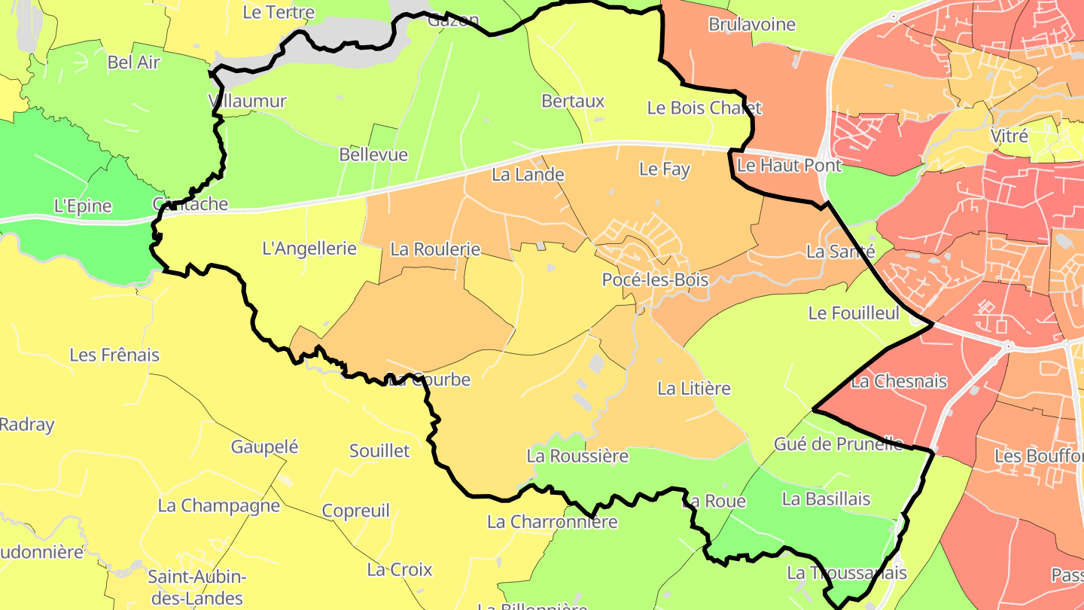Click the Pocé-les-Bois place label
coord(655,279)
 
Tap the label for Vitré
coord(1009,136)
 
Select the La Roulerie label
coord(435,249)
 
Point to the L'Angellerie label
coord(309,248)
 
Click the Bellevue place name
coord(373,155)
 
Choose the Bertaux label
coord(573,101)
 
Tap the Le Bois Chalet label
coord(704,108)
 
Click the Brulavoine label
coord(751,24)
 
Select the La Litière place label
coord(693,389)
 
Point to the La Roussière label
coord(577,456)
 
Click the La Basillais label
coord(826,499)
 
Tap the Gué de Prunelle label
coord(838,444)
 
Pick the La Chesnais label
coord(898,381)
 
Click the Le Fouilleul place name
coord(854,313)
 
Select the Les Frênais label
coord(114,355)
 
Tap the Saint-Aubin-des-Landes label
coord(196,587)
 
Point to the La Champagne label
coord(218,505)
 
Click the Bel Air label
coord(134,63)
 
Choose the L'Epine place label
coord(83,206)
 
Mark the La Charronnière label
coord(552,521)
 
